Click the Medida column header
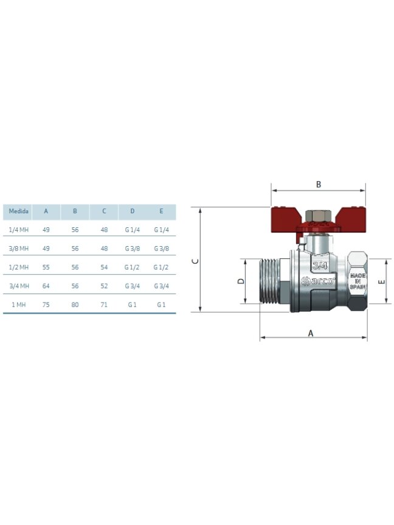(x=18, y=211)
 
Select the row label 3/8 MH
(x=19, y=249)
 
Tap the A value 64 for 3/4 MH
(x=46, y=286)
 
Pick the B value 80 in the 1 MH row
(x=75, y=304)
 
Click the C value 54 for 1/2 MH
(x=104, y=267)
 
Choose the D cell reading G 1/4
(x=132, y=230)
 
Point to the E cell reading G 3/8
(x=161, y=249)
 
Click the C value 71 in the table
(x=104, y=304)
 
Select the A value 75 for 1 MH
(x=46, y=304)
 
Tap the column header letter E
(x=161, y=211)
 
